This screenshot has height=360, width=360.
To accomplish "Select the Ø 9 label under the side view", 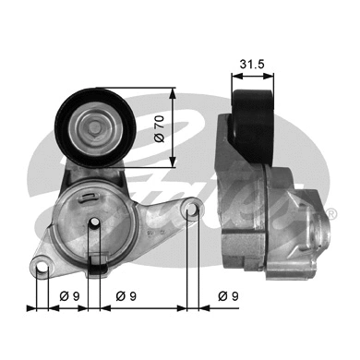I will click(231, 296).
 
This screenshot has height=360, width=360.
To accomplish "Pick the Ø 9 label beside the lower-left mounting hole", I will click(67, 296).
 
